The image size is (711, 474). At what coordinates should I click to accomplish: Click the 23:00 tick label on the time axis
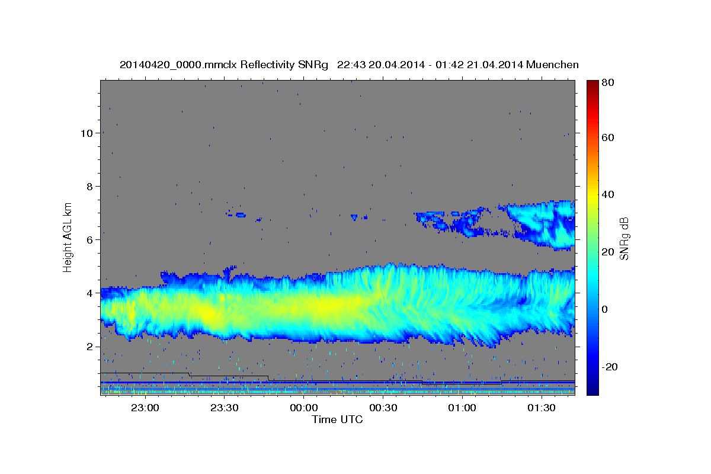click(145, 408)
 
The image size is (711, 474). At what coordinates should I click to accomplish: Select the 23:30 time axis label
click(225, 408)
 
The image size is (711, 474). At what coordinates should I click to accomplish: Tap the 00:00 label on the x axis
click(304, 408)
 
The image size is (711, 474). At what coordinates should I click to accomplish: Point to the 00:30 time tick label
click(383, 408)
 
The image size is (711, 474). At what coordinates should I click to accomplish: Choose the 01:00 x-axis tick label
click(462, 408)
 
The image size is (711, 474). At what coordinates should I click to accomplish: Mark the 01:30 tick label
click(542, 408)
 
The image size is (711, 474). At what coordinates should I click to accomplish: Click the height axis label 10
click(87, 133)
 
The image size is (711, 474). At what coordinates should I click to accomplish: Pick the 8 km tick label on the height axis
click(90, 187)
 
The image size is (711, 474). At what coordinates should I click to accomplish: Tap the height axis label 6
click(90, 240)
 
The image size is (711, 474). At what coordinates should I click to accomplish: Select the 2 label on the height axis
click(90, 347)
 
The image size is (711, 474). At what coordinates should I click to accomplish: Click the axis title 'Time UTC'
click(337, 419)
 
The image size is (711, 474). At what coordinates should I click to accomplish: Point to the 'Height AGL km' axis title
click(68, 238)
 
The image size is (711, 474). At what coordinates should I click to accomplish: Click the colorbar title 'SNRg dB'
click(624, 239)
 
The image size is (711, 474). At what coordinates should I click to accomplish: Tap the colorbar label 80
click(608, 82)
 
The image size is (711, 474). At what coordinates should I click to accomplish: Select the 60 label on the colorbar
click(608, 138)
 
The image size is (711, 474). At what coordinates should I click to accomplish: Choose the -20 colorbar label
click(610, 367)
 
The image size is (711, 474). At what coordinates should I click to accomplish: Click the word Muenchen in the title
click(552, 65)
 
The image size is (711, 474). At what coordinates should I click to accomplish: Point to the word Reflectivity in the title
click(268, 65)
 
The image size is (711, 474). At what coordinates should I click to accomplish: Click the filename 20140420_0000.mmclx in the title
click(178, 65)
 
